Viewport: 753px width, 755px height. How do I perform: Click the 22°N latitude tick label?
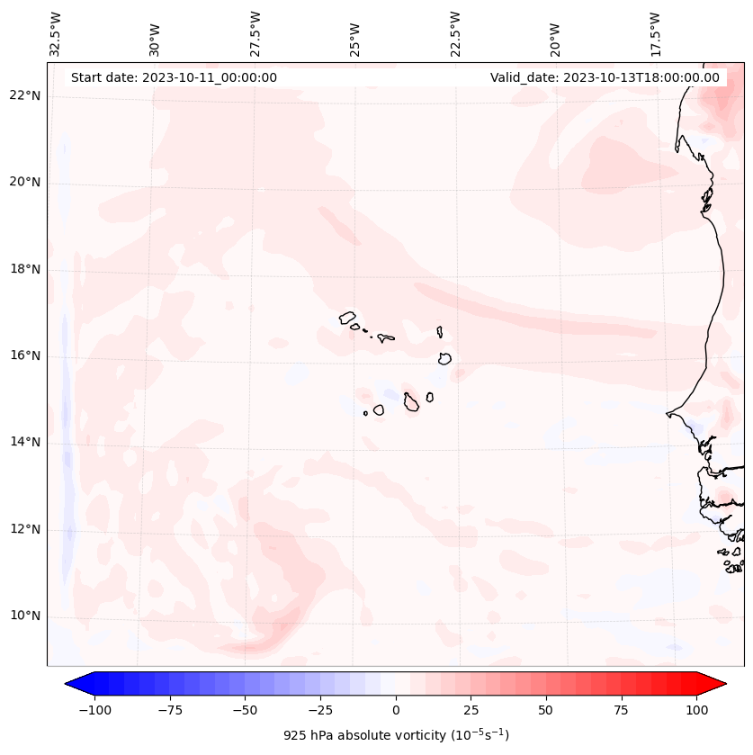25,95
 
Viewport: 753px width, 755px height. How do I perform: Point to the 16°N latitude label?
25,355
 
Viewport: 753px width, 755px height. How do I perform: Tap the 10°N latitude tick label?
25,616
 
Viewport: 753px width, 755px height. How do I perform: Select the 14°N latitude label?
25,442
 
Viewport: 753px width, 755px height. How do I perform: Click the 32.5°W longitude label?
56,33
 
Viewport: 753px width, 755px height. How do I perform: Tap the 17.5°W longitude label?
654,33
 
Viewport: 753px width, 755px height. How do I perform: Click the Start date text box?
174,77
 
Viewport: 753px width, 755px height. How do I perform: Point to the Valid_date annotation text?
605,77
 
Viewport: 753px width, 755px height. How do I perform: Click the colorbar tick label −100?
94,710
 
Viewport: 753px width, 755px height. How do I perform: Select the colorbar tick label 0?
396,710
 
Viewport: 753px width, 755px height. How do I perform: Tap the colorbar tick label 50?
546,710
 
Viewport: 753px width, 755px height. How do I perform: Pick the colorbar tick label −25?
320,710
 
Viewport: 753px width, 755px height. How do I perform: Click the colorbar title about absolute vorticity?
396,735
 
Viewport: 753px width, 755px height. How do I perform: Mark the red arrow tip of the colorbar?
724,684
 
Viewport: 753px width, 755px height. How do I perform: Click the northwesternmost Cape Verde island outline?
347,317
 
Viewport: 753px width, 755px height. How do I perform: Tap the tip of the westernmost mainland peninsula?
668,414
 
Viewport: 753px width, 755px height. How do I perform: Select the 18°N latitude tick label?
25,269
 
